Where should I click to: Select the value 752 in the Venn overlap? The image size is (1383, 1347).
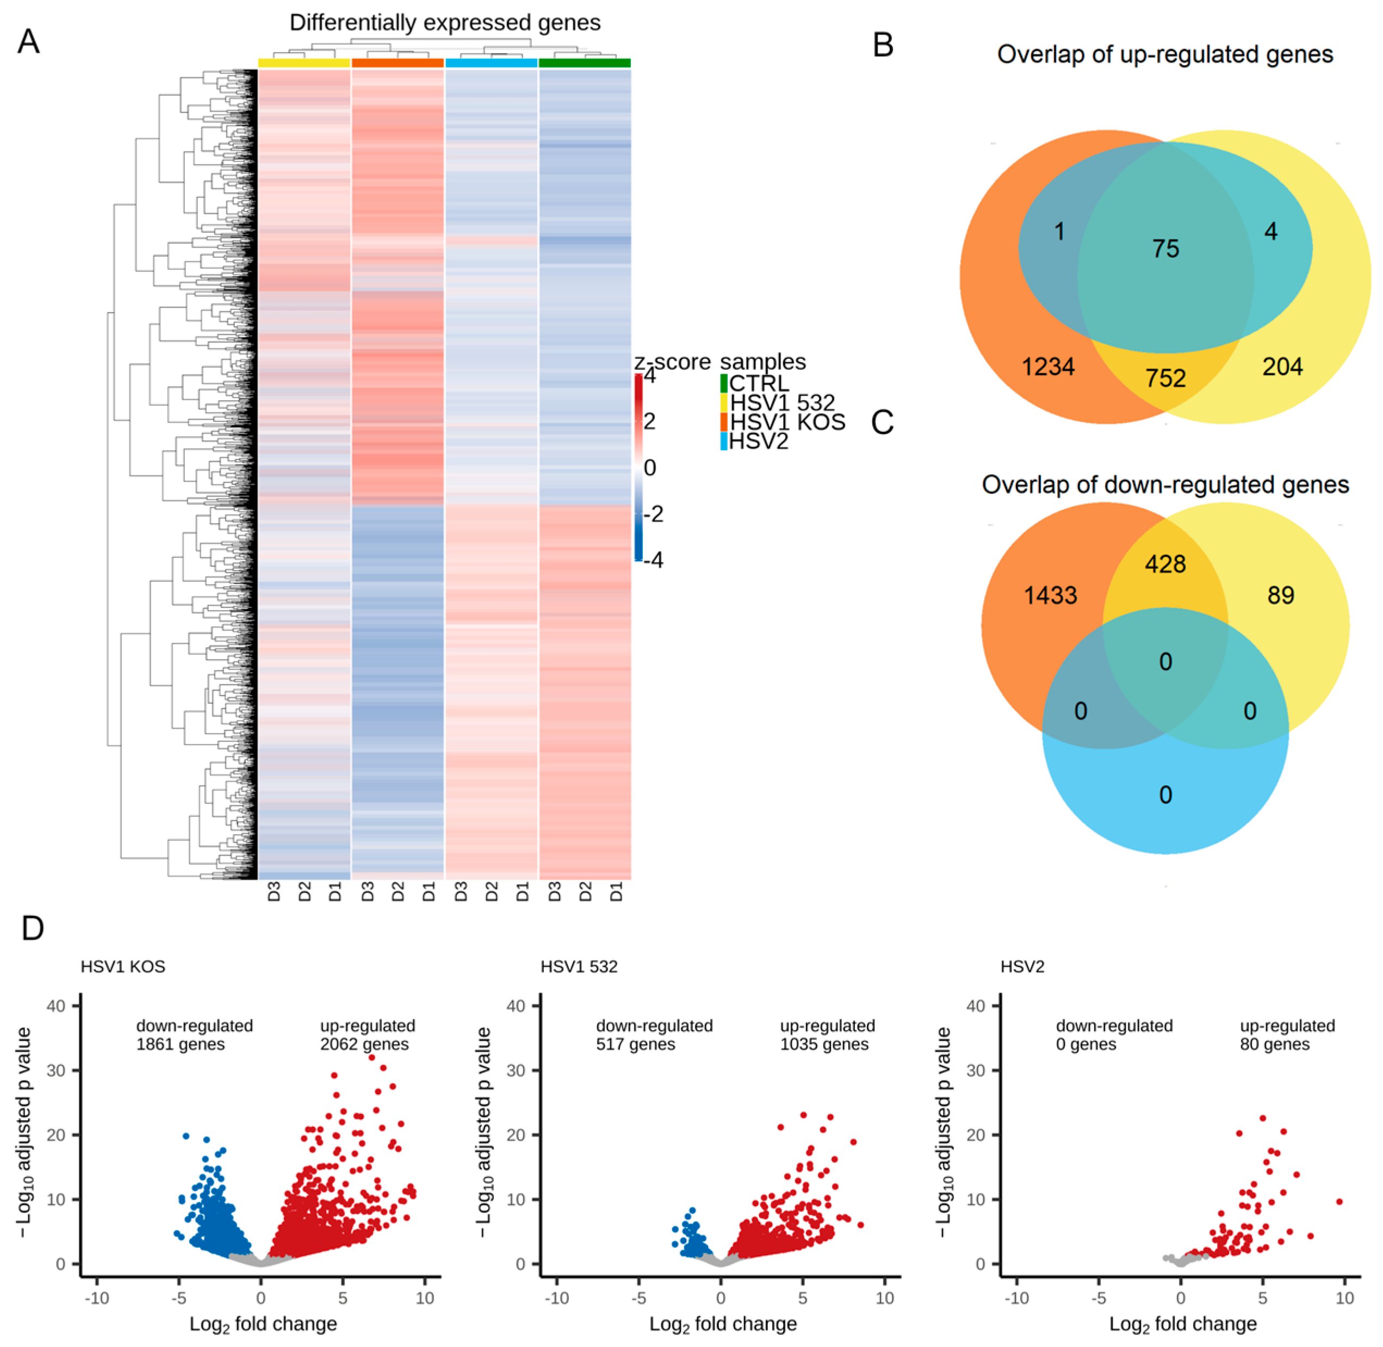coord(1165,378)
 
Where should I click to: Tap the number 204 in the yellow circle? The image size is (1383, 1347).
coord(1282,367)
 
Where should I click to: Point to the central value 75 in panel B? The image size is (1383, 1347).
coord(1165,249)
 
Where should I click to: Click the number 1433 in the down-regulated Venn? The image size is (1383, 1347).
coord(1051,595)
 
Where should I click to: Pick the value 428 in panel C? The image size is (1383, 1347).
coord(1165,564)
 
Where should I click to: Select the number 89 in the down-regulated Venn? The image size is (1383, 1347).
coord(1280,595)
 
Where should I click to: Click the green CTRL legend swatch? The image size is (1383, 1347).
coord(724,383)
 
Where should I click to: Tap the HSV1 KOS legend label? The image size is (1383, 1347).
coord(787,423)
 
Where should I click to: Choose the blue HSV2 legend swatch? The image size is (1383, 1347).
coord(724,442)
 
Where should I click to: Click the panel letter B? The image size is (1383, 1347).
coord(883,45)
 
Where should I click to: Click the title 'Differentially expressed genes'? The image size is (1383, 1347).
coord(445,23)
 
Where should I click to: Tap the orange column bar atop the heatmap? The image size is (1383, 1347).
coord(398,63)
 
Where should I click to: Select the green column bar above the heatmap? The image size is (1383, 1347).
coord(584,63)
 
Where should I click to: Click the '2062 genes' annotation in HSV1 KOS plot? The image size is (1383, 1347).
coord(364,1044)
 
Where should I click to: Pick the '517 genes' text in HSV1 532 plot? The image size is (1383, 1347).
coord(635,1044)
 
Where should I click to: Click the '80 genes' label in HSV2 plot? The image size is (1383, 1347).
coord(1275,1044)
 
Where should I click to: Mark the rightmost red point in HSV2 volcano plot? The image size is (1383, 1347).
coord(1339,1201)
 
